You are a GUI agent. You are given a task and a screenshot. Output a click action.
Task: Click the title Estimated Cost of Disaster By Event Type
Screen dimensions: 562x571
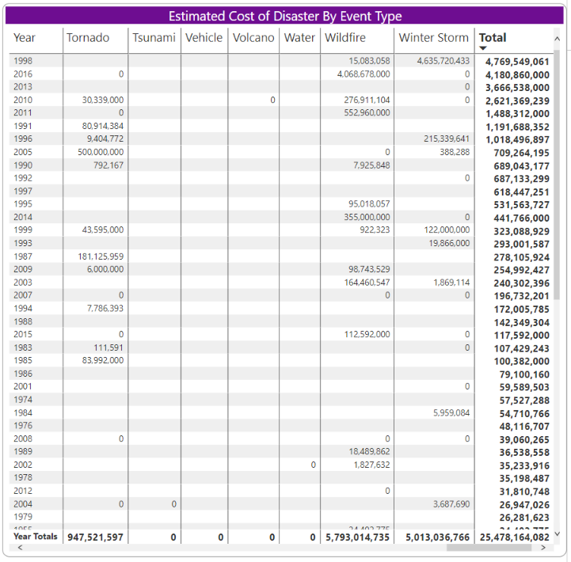pos(285,16)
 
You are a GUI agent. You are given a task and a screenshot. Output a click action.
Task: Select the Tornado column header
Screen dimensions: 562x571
pos(88,38)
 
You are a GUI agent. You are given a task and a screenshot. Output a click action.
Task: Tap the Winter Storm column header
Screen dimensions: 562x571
pos(433,38)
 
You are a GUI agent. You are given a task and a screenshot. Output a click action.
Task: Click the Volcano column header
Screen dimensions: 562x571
pos(253,38)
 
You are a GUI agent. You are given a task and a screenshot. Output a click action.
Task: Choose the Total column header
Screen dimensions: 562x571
pos(493,38)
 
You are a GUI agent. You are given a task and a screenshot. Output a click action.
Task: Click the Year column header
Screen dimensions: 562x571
pos(25,38)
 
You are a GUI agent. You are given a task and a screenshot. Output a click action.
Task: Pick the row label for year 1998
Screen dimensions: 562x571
pos(23,61)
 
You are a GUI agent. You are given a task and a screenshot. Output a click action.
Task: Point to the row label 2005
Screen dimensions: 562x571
pos(23,152)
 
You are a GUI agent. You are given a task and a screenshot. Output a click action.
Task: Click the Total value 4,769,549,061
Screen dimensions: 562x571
pos(517,62)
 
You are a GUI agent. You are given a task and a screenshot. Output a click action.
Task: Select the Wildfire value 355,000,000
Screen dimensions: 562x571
pos(367,217)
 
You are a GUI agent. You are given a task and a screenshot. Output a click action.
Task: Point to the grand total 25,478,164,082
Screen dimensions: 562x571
pos(514,537)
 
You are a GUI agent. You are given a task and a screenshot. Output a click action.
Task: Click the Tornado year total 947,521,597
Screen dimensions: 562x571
pos(95,537)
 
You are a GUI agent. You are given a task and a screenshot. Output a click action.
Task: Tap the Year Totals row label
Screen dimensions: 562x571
pos(36,537)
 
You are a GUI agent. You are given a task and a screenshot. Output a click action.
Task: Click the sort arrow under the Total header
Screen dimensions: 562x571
pos(483,48)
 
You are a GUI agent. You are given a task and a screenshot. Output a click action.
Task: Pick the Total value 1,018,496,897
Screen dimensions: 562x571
pos(517,139)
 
